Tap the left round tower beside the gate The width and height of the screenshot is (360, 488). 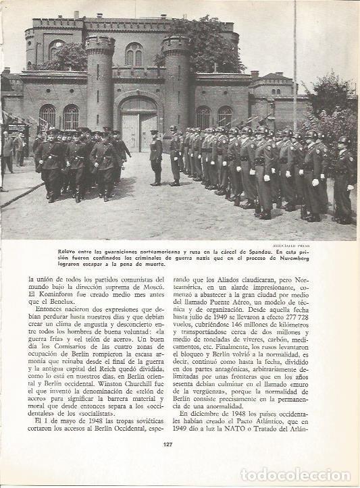coord(100,84)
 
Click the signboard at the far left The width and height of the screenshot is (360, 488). coord(16,129)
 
